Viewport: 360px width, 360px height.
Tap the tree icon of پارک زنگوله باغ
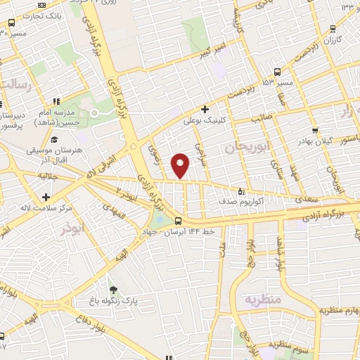tap(114, 290)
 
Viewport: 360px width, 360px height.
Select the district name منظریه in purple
tap(262, 300)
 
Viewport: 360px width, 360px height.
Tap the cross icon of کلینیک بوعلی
tap(204, 110)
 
